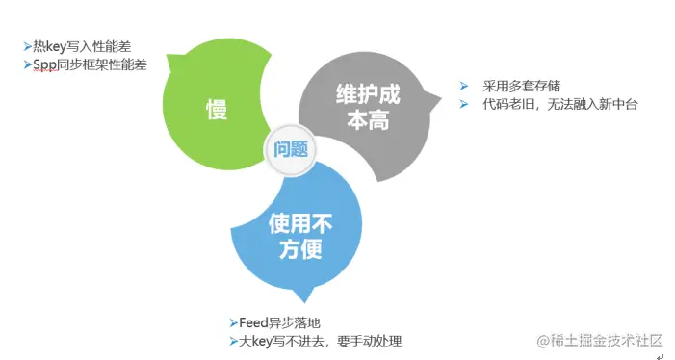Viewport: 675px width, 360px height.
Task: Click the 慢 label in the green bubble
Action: pyautogui.click(x=216, y=110)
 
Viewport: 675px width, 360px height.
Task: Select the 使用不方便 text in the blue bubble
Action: pyautogui.click(x=299, y=238)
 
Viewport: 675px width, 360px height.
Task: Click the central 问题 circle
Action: pyautogui.click(x=290, y=149)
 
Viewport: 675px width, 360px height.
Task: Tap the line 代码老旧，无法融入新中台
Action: pyautogui.click(x=560, y=104)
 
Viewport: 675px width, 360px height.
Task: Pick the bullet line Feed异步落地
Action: pyautogui.click(x=279, y=322)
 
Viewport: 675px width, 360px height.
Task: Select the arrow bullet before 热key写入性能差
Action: pyautogui.click(x=27, y=45)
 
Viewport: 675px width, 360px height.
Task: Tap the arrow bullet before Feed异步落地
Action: pyautogui.click(x=232, y=322)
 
